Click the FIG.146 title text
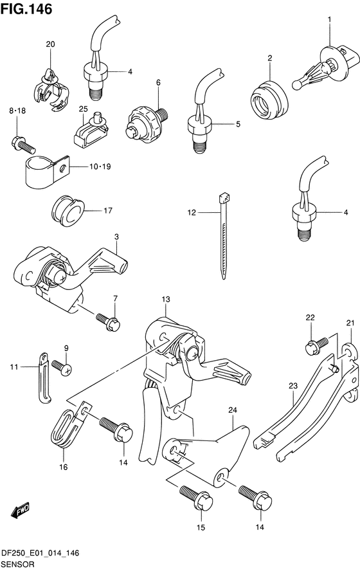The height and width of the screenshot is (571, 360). pyautogui.click(x=26, y=9)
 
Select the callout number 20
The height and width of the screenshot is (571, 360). pyautogui.click(x=50, y=44)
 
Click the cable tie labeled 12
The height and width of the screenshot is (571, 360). pyautogui.click(x=224, y=236)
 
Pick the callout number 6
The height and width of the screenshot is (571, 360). pyautogui.click(x=158, y=83)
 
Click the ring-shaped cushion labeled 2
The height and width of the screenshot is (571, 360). pyautogui.click(x=269, y=100)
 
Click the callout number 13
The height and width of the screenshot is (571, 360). pyautogui.click(x=166, y=300)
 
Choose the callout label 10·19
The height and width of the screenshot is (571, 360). pyautogui.click(x=100, y=167)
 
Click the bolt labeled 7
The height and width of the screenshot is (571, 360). pyautogui.click(x=108, y=321)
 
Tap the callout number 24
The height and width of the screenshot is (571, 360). pyautogui.click(x=233, y=410)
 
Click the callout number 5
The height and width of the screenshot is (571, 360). pyautogui.click(x=238, y=124)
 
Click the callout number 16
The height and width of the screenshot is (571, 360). pyautogui.click(x=64, y=467)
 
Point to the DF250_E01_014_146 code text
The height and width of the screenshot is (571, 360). pyautogui.click(x=40, y=554)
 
